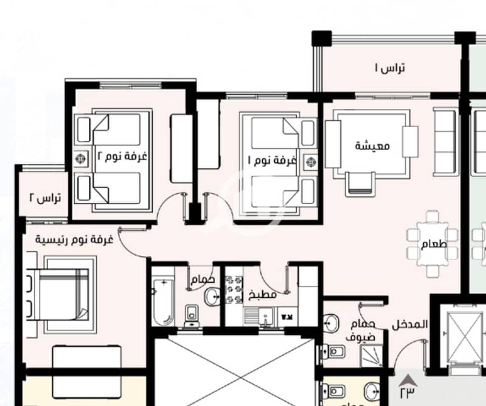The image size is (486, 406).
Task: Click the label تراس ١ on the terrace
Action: (x=390, y=68)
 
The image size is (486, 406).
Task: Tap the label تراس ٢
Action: (x=45, y=198)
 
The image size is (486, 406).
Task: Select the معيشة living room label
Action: (x=372, y=145)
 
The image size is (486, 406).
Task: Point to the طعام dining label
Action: (x=434, y=244)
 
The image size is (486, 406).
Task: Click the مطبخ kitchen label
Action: (x=263, y=294)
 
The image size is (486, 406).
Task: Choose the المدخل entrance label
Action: (x=410, y=325)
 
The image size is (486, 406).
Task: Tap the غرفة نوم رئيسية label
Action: (x=74, y=239)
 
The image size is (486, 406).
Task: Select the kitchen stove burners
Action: (x=234, y=289)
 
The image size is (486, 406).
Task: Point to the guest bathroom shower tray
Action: (x=371, y=357)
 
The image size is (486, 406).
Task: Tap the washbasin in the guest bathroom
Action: (x=330, y=323)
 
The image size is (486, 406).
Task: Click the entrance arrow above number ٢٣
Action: (x=408, y=380)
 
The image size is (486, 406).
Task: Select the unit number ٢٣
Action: (x=407, y=393)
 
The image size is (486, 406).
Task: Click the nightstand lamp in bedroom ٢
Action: (x=82, y=159)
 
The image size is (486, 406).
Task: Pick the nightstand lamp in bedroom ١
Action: (x=310, y=162)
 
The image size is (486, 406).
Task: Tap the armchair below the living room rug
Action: (x=360, y=184)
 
